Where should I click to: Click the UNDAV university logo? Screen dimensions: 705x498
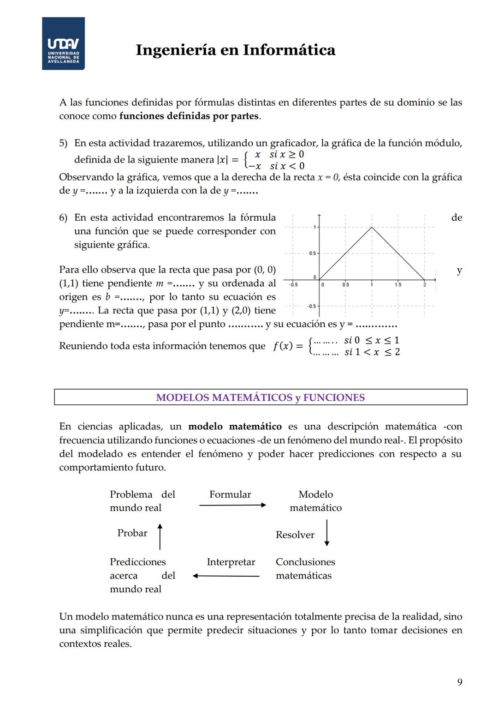pos(63,43)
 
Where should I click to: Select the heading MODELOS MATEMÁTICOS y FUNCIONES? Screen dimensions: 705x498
pos(261,398)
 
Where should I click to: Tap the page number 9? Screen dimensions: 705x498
pos(459,682)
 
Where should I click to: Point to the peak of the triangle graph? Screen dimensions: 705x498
pos(372,227)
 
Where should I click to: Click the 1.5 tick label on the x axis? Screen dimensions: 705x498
pos(398,285)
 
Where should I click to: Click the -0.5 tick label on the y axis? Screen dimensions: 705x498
pos(312,306)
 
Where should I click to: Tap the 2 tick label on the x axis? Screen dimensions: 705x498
pos(425,285)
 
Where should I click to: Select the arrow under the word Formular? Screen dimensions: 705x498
pos(233,505)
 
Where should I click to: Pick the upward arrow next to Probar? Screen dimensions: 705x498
pos(160,536)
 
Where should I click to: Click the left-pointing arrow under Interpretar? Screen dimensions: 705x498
pos(226,576)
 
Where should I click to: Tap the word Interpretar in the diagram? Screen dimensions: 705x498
pos(231,562)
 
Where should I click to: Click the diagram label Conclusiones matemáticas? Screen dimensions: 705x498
pos(305,569)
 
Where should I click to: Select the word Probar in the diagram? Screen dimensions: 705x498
pos(132,533)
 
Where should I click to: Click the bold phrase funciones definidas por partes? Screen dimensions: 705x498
pos(189,116)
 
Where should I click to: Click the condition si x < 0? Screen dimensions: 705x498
pos(287,166)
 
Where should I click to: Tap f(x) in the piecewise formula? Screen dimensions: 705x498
pos(282,346)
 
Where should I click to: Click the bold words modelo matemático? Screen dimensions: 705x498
pos(235,427)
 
